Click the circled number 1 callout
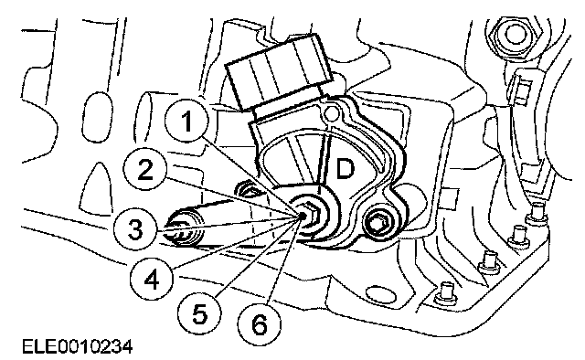coord(187,122)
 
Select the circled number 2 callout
coord(145,170)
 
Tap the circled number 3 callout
coord(135,229)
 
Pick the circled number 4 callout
coord(152,279)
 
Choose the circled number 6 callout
coord(260,323)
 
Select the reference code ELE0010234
coord(77,347)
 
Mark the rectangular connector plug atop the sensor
coord(279,72)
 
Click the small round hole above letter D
coord(330,112)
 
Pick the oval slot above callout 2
coord(98,116)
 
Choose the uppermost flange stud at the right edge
coord(537,212)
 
